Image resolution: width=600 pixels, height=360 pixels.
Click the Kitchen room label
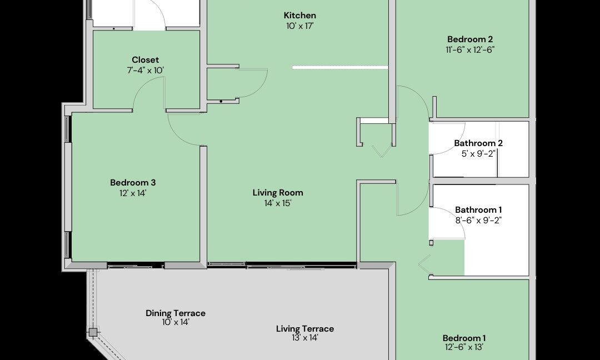tap(299, 16)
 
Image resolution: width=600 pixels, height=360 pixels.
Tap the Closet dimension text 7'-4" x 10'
tap(145, 71)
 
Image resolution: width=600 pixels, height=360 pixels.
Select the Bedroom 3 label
tap(133, 182)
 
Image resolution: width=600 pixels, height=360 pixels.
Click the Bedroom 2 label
tap(470, 39)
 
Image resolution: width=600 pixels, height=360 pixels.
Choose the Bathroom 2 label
tap(478, 143)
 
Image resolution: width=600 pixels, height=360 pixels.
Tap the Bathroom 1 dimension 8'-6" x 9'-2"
tap(478, 220)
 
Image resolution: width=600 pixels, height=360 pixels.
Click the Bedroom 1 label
tap(464, 338)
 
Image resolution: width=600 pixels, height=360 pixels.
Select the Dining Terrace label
tap(175, 313)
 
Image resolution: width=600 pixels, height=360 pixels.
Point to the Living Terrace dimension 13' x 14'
tap(304, 338)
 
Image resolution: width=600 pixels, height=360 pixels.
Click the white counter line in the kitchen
tap(340, 68)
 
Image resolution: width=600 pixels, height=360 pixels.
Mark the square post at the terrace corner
tap(93, 332)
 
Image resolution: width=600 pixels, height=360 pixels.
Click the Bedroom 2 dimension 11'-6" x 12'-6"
tap(471, 49)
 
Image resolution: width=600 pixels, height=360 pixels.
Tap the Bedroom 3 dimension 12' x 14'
tap(133, 193)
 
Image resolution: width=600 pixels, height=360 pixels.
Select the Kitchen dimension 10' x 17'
tap(299, 26)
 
